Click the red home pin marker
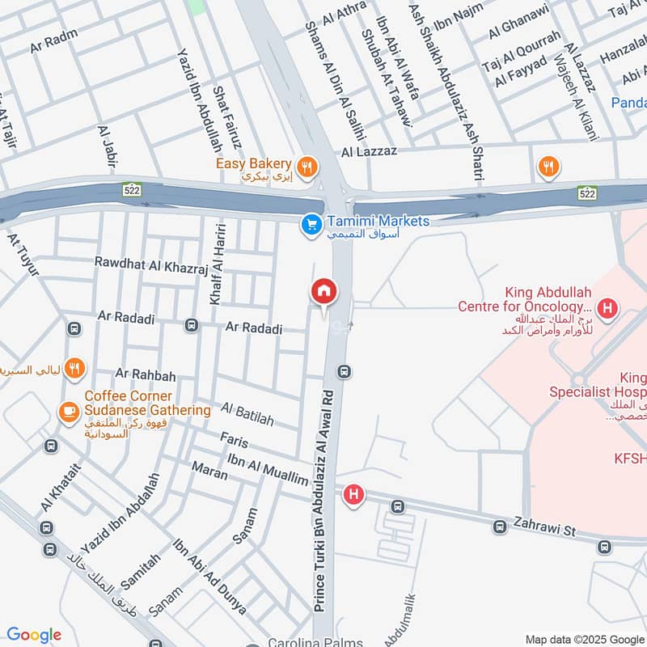[x=324, y=291]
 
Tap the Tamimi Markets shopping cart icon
[x=309, y=225]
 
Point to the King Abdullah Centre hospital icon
[x=608, y=308]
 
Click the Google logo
[x=34, y=635]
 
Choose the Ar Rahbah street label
[x=146, y=374]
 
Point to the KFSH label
[x=631, y=459]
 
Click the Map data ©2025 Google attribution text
[x=584, y=638]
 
